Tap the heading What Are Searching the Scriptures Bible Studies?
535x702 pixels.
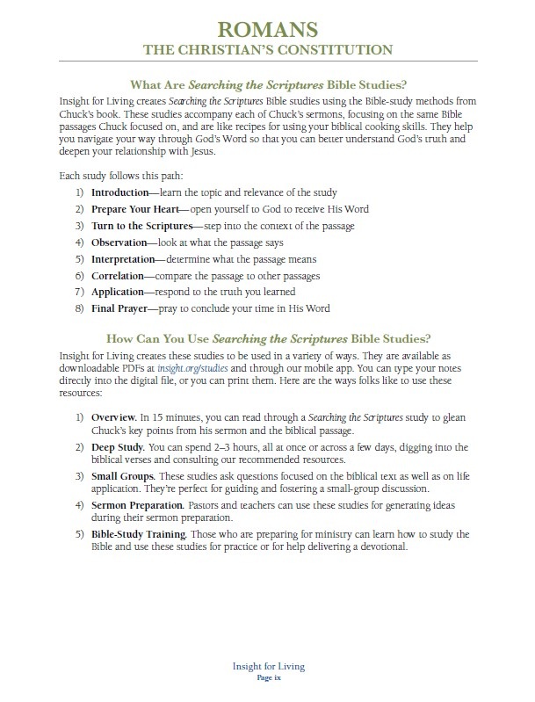pyautogui.click(x=268, y=85)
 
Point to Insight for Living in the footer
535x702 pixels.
pyautogui.click(x=268, y=667)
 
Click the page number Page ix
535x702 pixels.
pyautogui.click(x=268, y=679)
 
